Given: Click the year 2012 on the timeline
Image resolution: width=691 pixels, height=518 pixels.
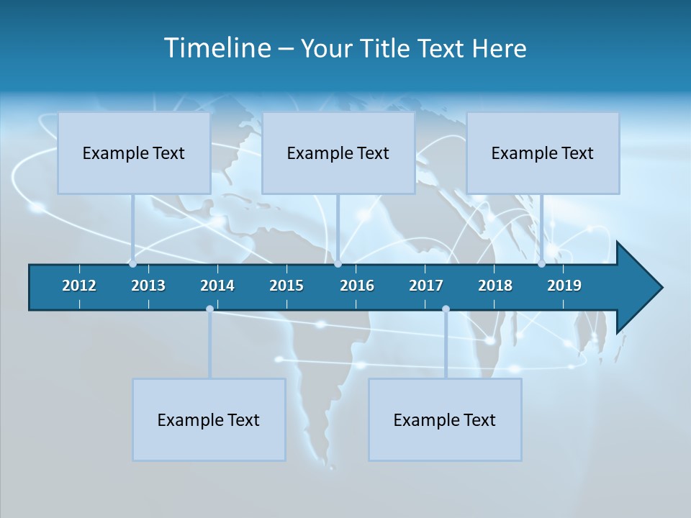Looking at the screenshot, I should tap(79, 286).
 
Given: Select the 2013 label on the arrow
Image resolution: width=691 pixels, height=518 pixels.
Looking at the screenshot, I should tap(148, 286).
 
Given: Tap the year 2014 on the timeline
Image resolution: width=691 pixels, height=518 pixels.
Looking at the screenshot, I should tap(217, 286).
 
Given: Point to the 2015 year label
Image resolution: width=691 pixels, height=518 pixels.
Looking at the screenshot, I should tap(286, 286).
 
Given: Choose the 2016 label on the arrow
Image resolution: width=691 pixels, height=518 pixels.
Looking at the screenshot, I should tap(357, 286).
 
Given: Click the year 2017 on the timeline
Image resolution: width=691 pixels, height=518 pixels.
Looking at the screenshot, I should tap(426, 286).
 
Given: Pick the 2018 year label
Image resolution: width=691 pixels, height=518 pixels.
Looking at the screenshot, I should tap(495, 286).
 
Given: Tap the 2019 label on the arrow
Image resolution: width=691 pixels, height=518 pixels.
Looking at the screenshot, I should tap(564, 286).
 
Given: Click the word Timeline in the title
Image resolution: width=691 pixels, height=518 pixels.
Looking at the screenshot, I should tap(216, 48).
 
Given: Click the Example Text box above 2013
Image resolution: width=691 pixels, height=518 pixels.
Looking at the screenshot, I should tap(134, 153).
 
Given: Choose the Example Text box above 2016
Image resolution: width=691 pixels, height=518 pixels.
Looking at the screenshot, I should tap(338, 153).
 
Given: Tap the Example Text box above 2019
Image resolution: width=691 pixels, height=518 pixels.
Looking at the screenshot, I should tap(543, 153).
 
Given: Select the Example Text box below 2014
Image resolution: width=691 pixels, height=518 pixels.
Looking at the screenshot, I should tap(209, 419).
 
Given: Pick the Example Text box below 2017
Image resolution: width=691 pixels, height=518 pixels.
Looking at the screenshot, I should tap(445, 419).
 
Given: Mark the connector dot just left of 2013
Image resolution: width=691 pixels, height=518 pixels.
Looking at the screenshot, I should tap(132, 263).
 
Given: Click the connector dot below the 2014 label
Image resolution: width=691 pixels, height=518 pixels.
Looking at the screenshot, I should tap(209, 309).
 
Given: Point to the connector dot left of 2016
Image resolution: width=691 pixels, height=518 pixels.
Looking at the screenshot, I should tap(338, 263).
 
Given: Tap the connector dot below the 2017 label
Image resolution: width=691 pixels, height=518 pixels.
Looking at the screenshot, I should tap(446, 309).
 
